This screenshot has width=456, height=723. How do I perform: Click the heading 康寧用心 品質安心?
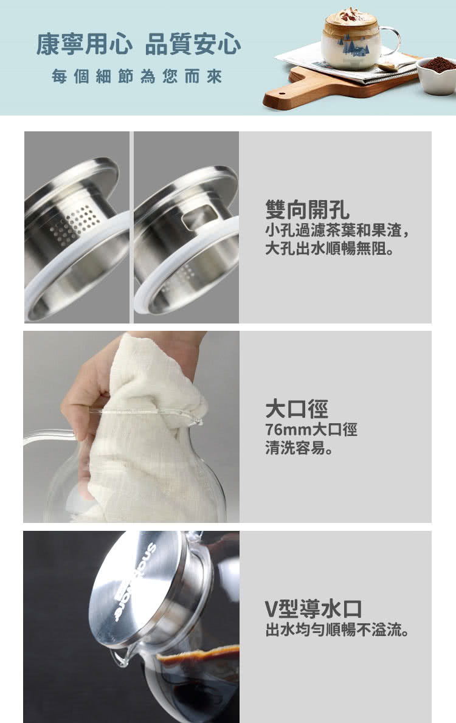139,45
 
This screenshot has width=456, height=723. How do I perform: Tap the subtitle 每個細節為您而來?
137,77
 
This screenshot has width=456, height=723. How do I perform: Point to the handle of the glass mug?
390,41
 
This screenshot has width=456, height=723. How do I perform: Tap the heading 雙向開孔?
307,210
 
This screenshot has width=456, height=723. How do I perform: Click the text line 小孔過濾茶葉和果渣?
337,230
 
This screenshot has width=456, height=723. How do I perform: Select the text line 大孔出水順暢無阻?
330,249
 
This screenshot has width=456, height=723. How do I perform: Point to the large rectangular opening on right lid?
199,216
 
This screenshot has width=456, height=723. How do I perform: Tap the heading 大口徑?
297,409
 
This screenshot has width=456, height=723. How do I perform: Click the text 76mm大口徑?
311,429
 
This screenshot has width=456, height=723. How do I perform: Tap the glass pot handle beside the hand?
49,436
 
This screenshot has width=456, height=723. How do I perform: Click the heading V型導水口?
313,609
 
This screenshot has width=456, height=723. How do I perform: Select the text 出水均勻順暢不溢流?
337,629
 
